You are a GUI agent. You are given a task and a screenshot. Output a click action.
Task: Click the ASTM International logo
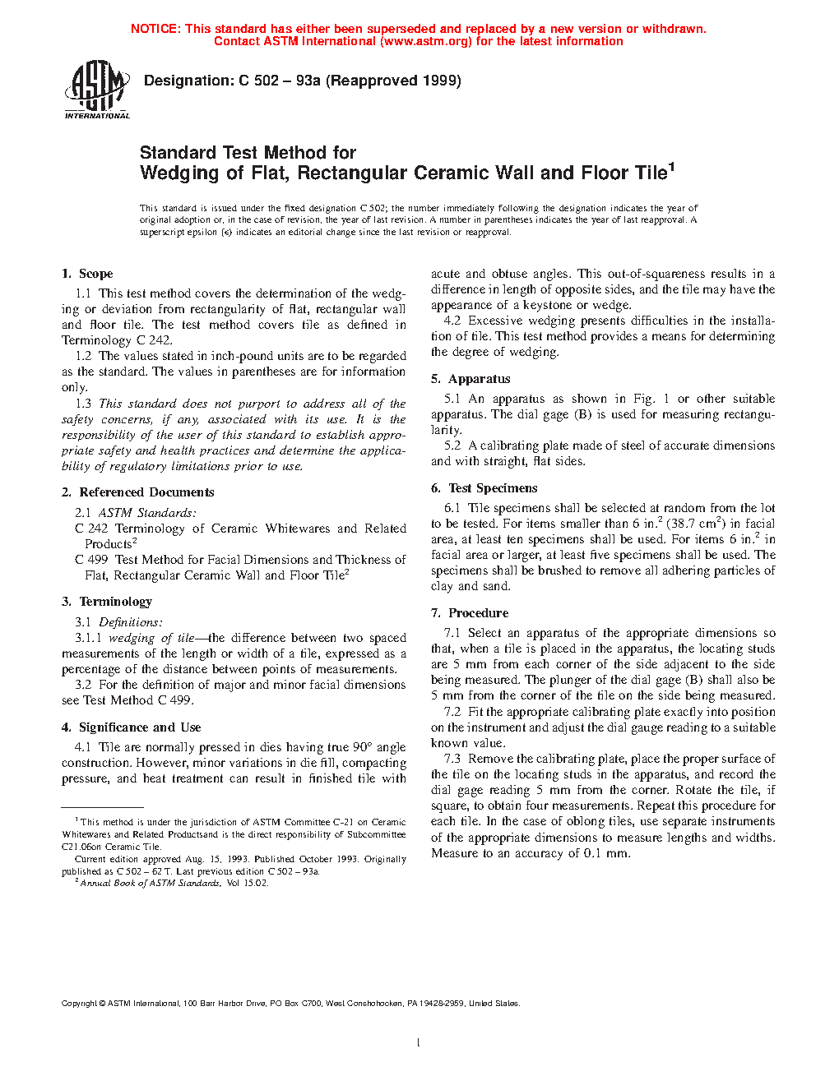[97, 90]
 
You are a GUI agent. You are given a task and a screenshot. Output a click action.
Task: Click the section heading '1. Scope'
[87, 274]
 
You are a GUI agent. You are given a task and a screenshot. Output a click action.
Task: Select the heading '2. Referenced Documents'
[137, 492]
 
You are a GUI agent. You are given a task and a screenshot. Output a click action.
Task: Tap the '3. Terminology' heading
[107, 602]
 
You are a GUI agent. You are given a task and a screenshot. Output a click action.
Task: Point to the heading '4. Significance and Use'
[131, 727]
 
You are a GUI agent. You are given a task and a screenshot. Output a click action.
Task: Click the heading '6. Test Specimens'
[484, 488]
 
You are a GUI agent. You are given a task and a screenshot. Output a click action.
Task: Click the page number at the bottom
[419, 1043]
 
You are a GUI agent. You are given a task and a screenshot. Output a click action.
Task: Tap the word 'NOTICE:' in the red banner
[155, 29]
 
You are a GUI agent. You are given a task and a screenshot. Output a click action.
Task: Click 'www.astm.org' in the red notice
[425, 41]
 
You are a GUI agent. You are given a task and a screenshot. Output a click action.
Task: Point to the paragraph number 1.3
[83, 404]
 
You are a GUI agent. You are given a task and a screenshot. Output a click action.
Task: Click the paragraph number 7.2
[452, 712]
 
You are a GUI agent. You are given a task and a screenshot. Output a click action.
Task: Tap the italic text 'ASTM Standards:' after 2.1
[147, 513]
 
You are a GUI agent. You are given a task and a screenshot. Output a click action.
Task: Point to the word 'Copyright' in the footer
[79, 1004]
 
